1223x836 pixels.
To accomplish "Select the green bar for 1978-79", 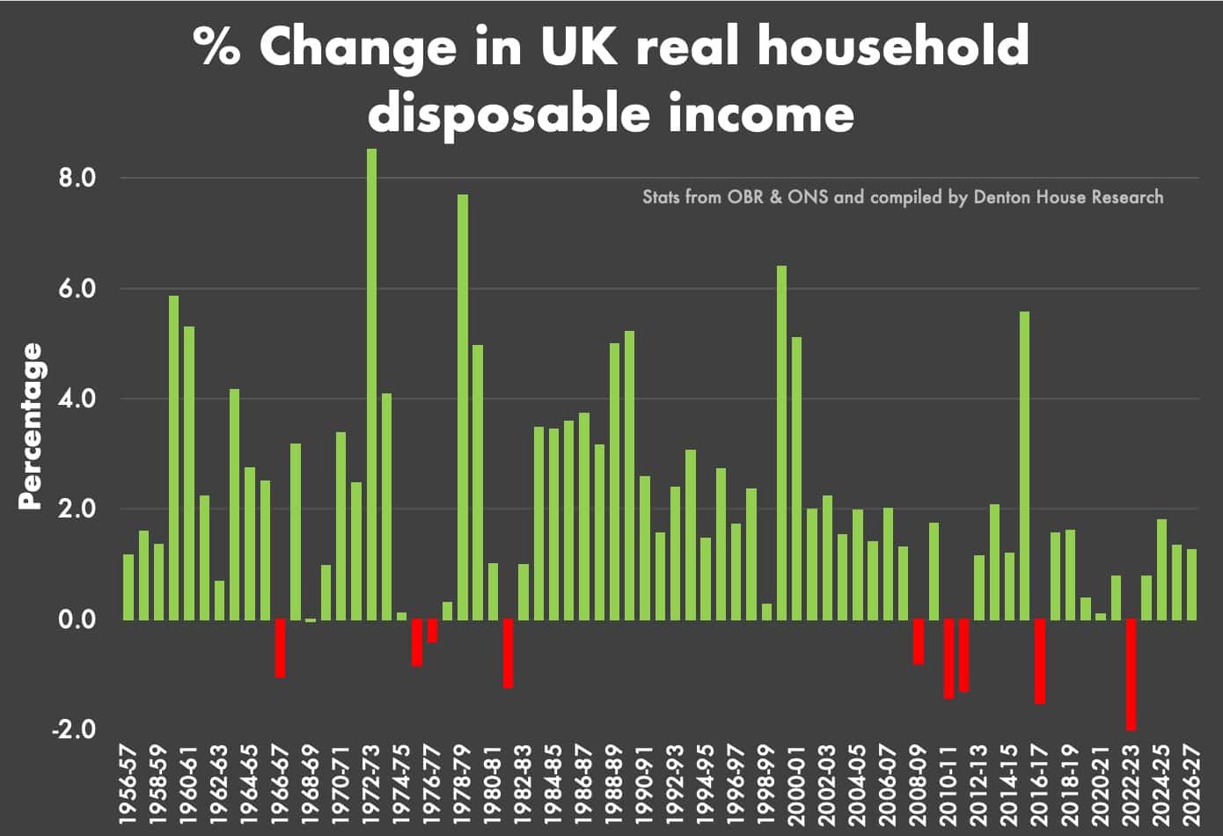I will (463, 407).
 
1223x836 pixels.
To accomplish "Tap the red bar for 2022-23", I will (1131, 674).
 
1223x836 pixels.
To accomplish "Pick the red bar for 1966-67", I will (280, 648).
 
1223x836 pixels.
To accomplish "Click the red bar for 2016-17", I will (1040, 661).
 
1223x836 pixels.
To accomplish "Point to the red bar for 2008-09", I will (919, 642).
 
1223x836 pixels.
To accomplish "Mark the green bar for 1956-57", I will (128, 586).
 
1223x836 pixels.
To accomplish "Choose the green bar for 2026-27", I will (1191, 584).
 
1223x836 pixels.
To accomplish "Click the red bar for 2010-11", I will (948, 658).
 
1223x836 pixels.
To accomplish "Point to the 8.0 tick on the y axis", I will (77, 179).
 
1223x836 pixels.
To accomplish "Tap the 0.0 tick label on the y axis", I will (77, 620).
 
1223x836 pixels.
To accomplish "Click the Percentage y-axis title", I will (31, 426).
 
